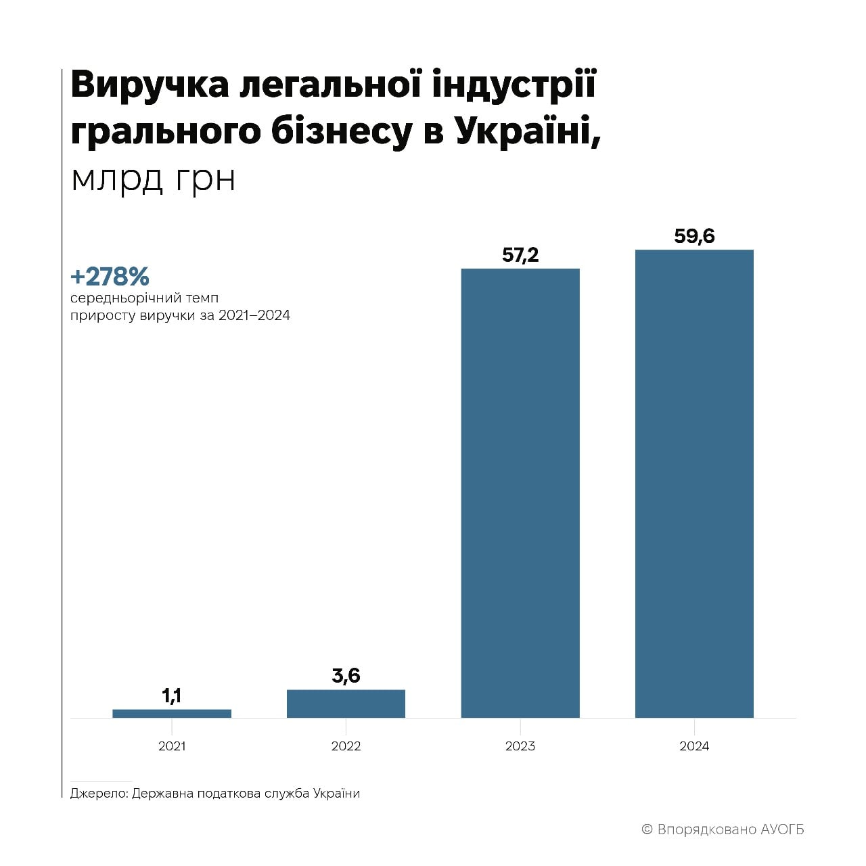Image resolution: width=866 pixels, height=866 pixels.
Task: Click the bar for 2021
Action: point(172,713)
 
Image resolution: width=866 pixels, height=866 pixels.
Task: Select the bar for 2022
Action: point(346,704)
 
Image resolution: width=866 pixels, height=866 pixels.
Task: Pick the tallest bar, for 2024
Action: point(694,483)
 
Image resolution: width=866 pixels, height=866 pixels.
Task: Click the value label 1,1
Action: point(172,696)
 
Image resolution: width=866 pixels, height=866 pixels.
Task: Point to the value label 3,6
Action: point(346,675)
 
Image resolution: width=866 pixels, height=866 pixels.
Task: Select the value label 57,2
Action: point(520,255)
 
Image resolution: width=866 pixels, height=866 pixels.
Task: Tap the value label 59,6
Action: point(694,236)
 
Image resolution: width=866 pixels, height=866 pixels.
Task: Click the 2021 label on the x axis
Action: point(172,746)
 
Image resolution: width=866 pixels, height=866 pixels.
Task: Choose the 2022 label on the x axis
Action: point(346,746)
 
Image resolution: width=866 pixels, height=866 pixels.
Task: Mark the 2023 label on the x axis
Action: point(520,746)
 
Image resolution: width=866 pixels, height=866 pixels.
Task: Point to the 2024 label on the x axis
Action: point(694,746)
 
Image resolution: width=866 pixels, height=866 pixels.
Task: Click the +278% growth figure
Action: point(110,277)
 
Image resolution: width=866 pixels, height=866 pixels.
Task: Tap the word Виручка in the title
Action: point(149,87)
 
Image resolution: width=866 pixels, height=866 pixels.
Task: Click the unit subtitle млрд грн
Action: point(153,179)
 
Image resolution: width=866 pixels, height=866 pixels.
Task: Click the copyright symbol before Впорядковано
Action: point(647,829)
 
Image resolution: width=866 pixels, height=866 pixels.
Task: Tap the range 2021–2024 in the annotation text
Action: point(254,316)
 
